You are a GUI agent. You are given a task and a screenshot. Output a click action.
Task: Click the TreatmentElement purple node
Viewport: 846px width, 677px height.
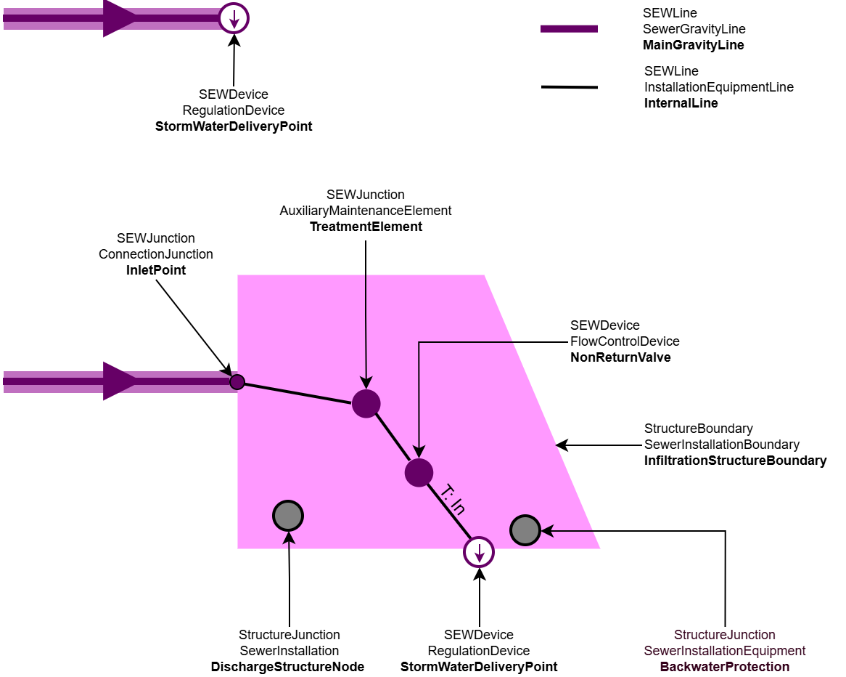coord(366,403)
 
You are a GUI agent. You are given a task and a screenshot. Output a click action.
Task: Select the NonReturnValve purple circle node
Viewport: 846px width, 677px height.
coord(419,472)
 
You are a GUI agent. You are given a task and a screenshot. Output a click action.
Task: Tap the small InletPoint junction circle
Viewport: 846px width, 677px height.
coord(237,382)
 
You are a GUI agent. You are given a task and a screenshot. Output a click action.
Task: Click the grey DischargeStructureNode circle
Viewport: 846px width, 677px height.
coord(288,516)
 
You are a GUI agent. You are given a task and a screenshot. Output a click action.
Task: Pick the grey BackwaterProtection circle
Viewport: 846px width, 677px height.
coord(525,530)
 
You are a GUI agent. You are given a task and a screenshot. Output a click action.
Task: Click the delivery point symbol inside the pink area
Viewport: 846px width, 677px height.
coord(479,552)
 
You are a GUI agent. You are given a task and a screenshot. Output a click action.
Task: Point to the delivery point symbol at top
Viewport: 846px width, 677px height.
coord(234,18)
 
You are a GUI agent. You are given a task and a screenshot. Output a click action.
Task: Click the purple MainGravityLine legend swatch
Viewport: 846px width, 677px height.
coord(569,29)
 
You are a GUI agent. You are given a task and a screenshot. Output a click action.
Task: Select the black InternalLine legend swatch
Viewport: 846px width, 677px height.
coord(569,87)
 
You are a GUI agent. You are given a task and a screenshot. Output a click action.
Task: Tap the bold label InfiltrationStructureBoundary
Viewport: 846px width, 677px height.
coord(735,461)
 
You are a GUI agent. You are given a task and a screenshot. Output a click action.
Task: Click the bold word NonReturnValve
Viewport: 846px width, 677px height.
coord(620,357)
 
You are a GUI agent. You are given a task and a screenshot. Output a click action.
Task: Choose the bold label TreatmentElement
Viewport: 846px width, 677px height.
coord(366,227)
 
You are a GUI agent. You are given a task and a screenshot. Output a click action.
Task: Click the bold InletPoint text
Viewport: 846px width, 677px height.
coord(156,270)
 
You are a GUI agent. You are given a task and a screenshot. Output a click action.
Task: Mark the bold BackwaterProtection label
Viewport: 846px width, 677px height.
coord(724,667)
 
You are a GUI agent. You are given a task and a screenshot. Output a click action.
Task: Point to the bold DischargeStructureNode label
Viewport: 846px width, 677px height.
coord(287,667)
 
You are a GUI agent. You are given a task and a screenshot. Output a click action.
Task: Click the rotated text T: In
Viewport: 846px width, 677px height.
coord(453,499)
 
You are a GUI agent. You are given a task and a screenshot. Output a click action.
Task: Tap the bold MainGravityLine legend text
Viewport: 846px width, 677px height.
coord(693,45)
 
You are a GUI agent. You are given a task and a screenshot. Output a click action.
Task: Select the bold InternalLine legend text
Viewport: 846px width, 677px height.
coord(681,103)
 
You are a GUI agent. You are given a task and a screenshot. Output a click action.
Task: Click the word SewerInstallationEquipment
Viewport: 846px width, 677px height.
coord(724,651)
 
